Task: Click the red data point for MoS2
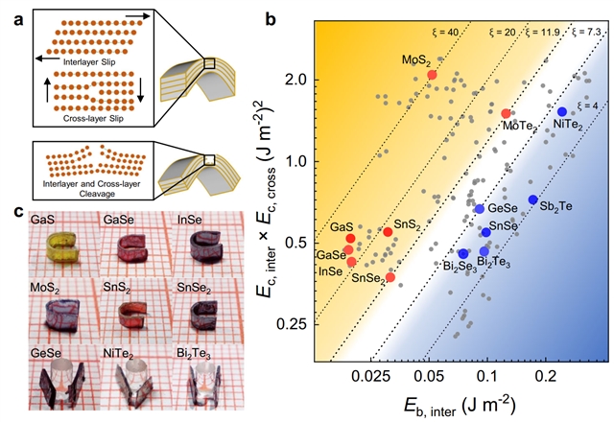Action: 432,75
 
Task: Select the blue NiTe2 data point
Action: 562,112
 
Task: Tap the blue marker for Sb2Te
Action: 532,199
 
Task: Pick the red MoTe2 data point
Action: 507,114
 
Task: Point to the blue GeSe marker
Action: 480,208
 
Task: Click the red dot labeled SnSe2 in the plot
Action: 390,277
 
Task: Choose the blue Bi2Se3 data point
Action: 463,254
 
